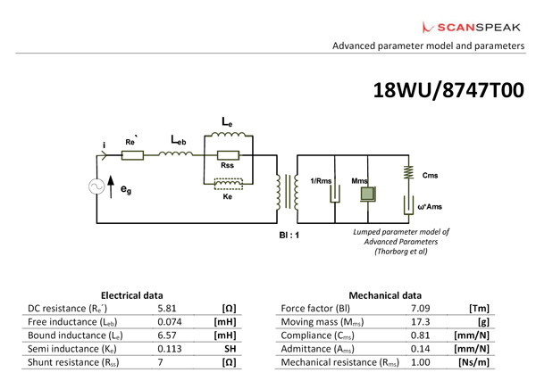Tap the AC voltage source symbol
[x=96, y=187]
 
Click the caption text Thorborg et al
[x=399, y=253]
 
